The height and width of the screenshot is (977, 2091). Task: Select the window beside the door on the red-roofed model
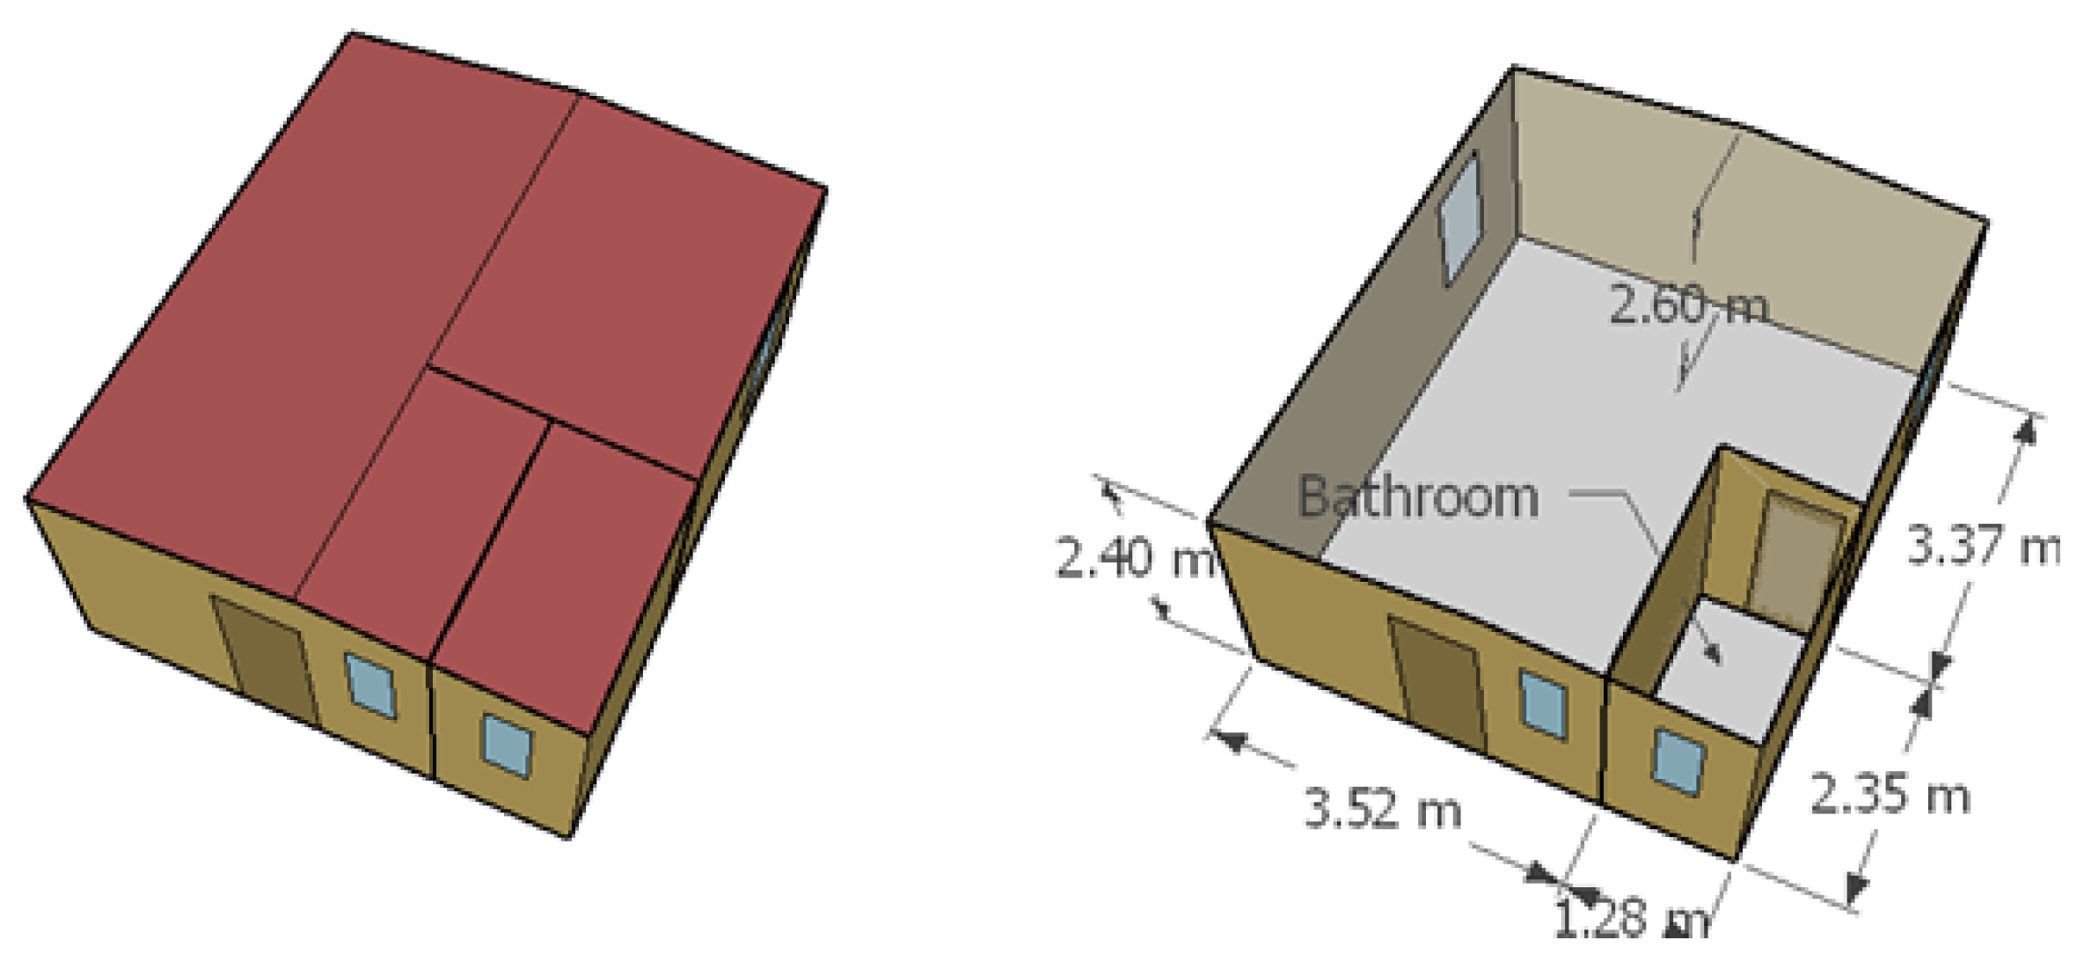tap(370, 684)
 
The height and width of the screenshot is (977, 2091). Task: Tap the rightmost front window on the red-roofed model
tap(508, 746)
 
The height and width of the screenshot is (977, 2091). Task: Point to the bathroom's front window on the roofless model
tap(1678, 761)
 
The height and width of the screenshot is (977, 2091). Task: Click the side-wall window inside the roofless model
tap(1459, 217)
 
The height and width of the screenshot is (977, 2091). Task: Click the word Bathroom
tap(1418, 497)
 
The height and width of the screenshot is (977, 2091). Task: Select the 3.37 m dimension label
tap(1983, 547)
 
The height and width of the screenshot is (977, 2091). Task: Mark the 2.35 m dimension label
tap(1890, 797)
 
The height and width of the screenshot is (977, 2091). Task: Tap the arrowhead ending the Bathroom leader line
tap(1714, 656)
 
